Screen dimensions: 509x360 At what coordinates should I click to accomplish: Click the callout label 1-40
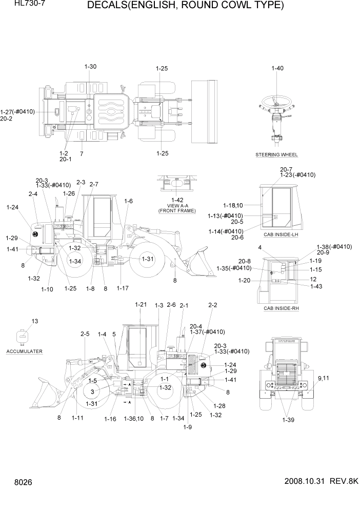pos(277,68)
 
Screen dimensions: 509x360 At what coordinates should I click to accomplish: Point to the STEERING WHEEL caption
pos(276,154)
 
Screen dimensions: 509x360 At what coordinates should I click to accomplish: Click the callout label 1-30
pos(90,67)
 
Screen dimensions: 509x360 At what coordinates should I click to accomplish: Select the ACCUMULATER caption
pos(25,351)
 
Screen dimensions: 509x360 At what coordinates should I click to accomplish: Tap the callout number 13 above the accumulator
pos(35,321)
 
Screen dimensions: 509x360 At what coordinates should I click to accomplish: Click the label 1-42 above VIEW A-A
pos(177,200)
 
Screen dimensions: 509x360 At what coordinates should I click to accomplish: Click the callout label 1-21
pos(141,305)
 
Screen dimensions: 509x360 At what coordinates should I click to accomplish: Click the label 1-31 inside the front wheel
pos(148,259)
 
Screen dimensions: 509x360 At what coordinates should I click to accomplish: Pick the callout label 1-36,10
pos(134,419)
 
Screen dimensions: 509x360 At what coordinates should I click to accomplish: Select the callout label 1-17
pos(122,288)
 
